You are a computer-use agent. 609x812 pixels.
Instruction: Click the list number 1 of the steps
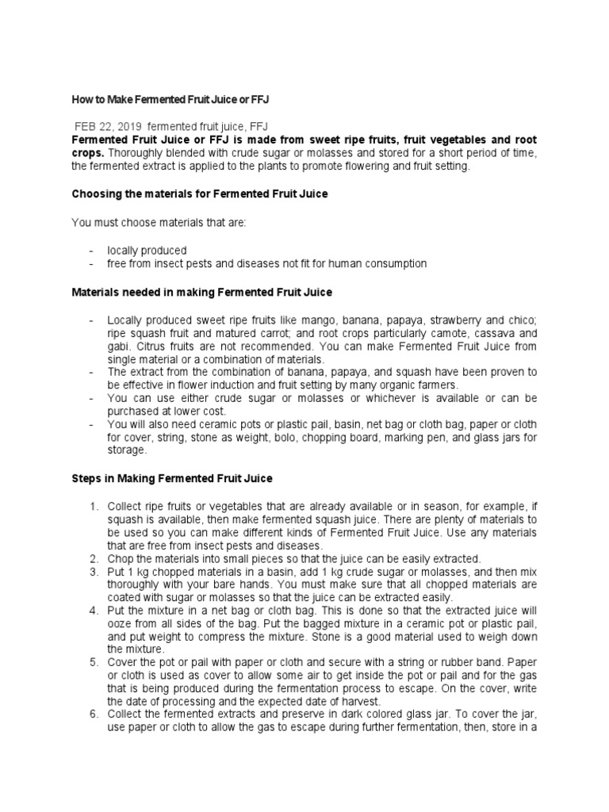click(x=92, y=506)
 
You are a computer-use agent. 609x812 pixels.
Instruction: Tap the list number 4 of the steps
click(x=92, y=610)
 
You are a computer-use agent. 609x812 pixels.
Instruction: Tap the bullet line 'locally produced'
click(x=147, y=250)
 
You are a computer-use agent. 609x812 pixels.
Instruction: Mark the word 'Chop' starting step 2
click(x=121, y=558)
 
